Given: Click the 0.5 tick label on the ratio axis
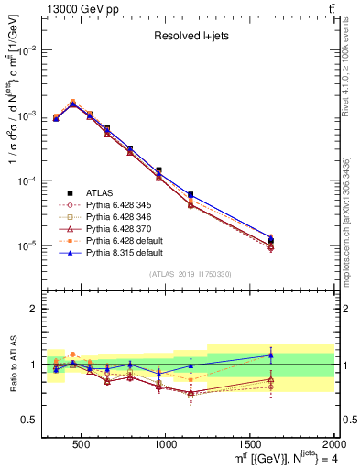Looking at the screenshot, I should coord(27,420).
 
